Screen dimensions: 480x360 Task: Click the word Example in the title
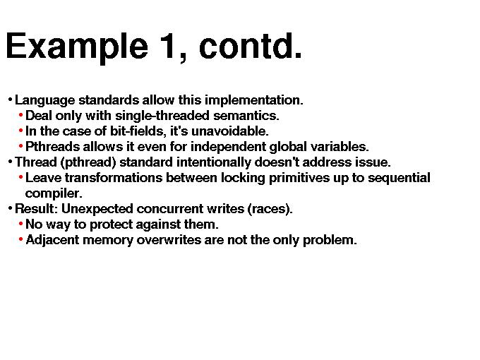[x=77, y=47]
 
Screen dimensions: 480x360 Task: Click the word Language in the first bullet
[x=45, y=100]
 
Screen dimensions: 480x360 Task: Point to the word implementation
[x=254, y=100]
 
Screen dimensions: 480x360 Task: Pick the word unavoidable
[x=230, y=131]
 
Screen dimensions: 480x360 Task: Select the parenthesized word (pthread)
[x=88, y=162]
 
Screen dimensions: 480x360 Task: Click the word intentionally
[x=214, y=162]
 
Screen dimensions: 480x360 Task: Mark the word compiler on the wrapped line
[x=54, y=194]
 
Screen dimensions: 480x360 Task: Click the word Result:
[x=37, y=209]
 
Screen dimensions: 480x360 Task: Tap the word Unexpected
[x=97, y=210]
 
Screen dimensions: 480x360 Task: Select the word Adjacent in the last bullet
[x=52, y=240]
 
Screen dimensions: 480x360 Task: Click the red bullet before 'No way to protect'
[x=20, y=224]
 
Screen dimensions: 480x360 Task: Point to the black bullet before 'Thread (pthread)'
[x=10, y=162]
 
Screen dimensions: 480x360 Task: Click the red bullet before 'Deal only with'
[x=20, y=115]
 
